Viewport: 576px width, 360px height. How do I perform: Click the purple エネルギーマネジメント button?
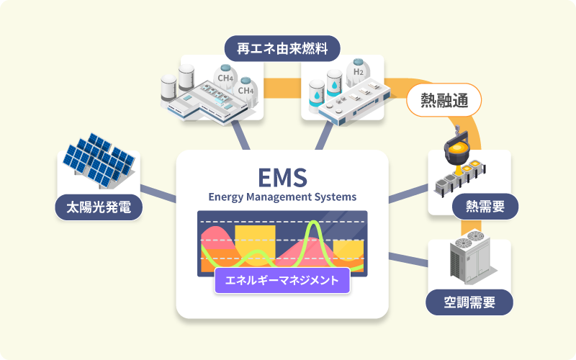(x=282, y=280)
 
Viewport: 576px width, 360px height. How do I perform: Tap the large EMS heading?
(x=282, y=176)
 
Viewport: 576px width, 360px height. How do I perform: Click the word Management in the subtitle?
(x=282, y=196)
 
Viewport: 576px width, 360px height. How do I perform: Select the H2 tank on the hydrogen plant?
(x=357, y=72)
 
